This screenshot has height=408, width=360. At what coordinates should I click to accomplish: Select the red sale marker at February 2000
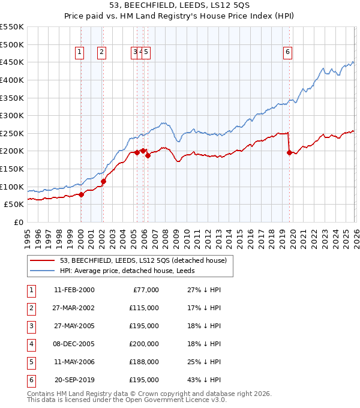pyautogui.click(x=82, y=194)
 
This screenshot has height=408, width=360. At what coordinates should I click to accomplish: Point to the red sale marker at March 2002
pyautogui.click(x=103, y=181)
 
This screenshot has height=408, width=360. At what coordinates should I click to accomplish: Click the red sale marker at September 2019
pyautogui.click(x=289, y=152)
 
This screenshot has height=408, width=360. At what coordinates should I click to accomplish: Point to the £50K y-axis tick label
pyautogui.click(x=13, y=204)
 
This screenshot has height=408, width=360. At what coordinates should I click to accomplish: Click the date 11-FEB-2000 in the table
pyautogui.click(x=74, y=290)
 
